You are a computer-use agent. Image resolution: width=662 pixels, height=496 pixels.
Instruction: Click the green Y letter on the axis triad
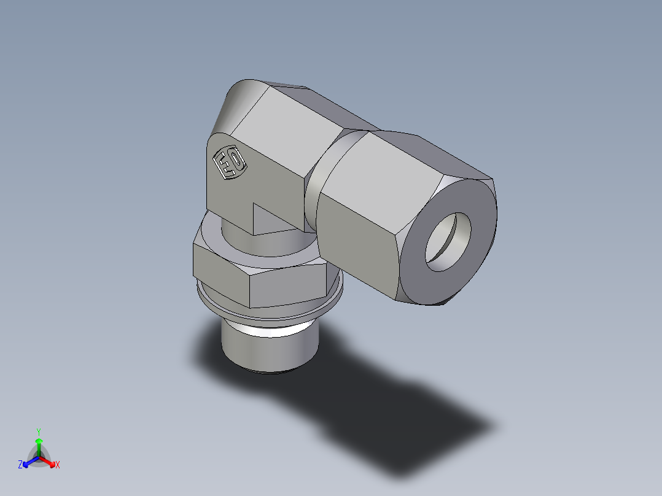click(38, 431)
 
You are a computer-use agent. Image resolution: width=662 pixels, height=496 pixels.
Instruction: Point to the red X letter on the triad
click(58, 465)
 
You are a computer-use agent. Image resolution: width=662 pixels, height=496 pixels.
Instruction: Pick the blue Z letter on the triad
click(20, 465)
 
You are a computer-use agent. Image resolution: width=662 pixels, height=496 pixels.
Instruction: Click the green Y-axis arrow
click(38, 444)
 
